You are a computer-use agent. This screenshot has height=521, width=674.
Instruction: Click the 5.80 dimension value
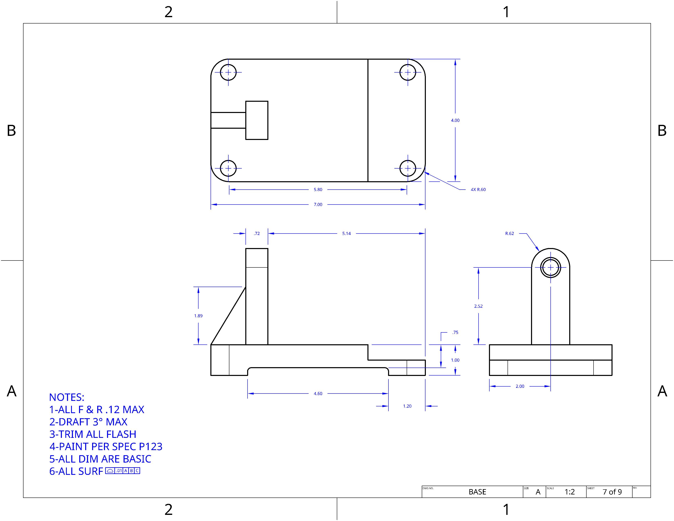point(318,190)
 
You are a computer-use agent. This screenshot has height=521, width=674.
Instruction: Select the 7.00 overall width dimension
point(318,204)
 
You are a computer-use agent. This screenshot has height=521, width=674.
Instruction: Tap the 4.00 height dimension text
point(455,120)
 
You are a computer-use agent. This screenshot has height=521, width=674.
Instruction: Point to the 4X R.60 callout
point(478,190)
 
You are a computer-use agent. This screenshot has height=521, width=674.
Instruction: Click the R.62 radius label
point(510,233)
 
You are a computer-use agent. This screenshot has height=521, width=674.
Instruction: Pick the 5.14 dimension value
point(346,233)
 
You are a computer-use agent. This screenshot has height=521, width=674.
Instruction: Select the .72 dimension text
point(257,233)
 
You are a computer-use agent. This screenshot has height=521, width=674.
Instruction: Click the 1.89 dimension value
point(198,316)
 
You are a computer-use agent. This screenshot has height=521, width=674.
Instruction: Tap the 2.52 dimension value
point(478,306)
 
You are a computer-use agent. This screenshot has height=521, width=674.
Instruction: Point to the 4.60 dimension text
point(318,394)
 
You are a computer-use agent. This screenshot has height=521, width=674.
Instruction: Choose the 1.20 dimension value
point(407,406)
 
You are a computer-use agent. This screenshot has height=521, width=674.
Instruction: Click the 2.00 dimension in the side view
point(520,386)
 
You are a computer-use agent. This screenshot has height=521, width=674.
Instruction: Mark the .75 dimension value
point(455,332)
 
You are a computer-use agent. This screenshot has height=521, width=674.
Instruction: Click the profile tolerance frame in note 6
point(123,471)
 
